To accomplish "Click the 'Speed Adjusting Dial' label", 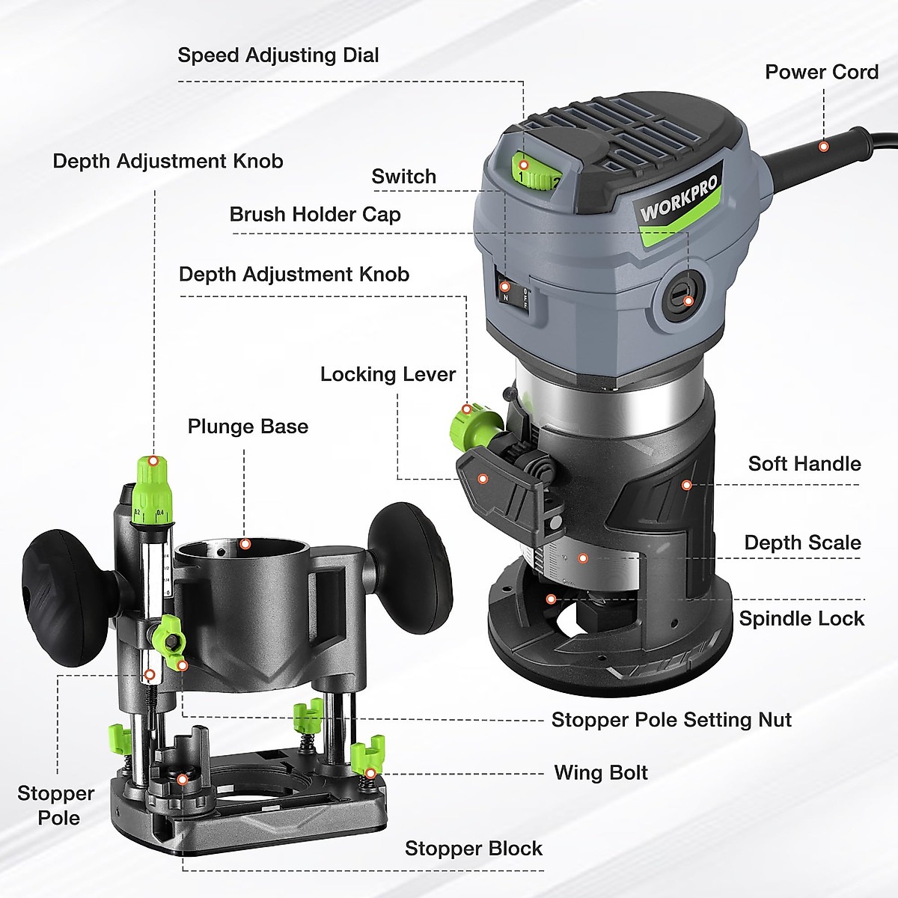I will tap(278, 55).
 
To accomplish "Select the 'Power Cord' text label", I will tap(821, 73).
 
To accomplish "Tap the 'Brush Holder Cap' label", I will tap(314, 215).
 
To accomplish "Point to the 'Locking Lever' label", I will tap(388, 374).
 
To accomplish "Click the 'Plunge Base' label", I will tap(248, 427).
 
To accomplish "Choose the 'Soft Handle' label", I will tap(804, 464).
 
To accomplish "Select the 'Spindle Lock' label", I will tap(801, 619).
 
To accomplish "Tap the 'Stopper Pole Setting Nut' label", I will tap(671, 720).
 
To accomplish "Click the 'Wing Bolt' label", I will tap(600, 773).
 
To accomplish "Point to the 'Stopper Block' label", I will tap(473, 849).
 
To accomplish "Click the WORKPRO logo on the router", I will tap(678, 199).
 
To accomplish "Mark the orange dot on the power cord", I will tap(823, 147).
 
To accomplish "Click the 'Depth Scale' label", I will tap(802, 543).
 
